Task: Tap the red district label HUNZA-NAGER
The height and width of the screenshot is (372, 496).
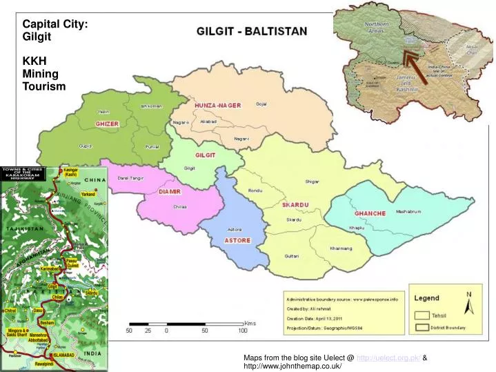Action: click(x=217, y=105)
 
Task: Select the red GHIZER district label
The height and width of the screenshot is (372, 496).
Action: click(x=107, y=124)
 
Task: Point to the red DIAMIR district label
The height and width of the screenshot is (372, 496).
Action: click(x=170, y=190)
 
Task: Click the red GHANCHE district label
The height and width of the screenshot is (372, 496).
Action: click(x=370, y=213)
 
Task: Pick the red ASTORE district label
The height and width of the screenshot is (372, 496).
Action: click(x=237, y=240)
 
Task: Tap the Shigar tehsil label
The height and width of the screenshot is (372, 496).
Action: click(x=312, y=182)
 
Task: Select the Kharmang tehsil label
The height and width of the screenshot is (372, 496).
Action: click(x=340, y=248)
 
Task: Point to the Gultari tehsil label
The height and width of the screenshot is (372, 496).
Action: click(x=292, y=256)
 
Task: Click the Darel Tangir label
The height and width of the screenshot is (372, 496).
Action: click(x=130, y=177)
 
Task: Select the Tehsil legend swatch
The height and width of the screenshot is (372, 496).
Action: click(x=422, y=315)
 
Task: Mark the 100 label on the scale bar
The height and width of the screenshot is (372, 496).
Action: click(x=243, y=331)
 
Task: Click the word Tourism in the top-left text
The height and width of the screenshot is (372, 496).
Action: click(x=44, y=86)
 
